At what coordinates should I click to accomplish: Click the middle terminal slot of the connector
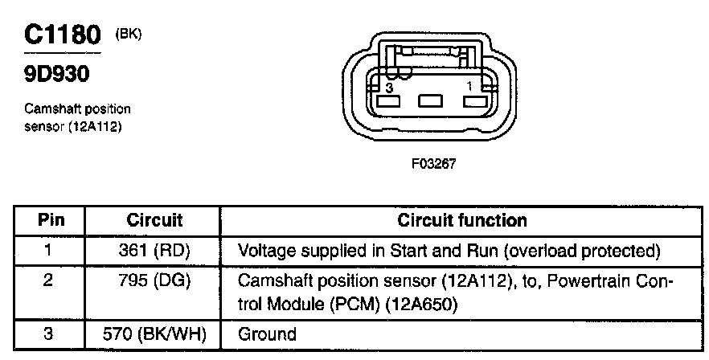[x=432, y=101]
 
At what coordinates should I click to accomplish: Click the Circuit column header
[x=155, y=220]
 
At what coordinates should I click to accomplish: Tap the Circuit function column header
[x=463, y=220]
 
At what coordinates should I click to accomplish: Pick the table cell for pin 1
[x=48, y=251]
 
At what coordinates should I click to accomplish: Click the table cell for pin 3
[x=48, y=333]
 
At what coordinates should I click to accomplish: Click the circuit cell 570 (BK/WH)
[x=155, y=334]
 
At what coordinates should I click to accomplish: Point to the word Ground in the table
[x=267, y=334]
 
